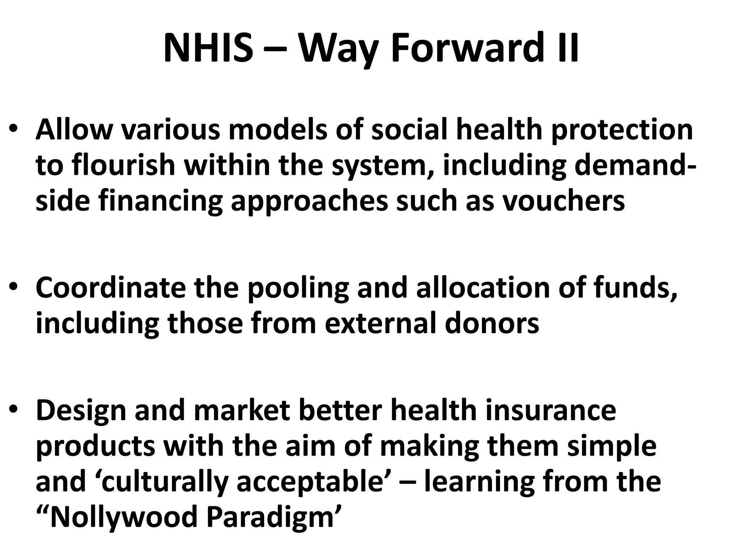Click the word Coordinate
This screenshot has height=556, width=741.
(110, 288)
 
